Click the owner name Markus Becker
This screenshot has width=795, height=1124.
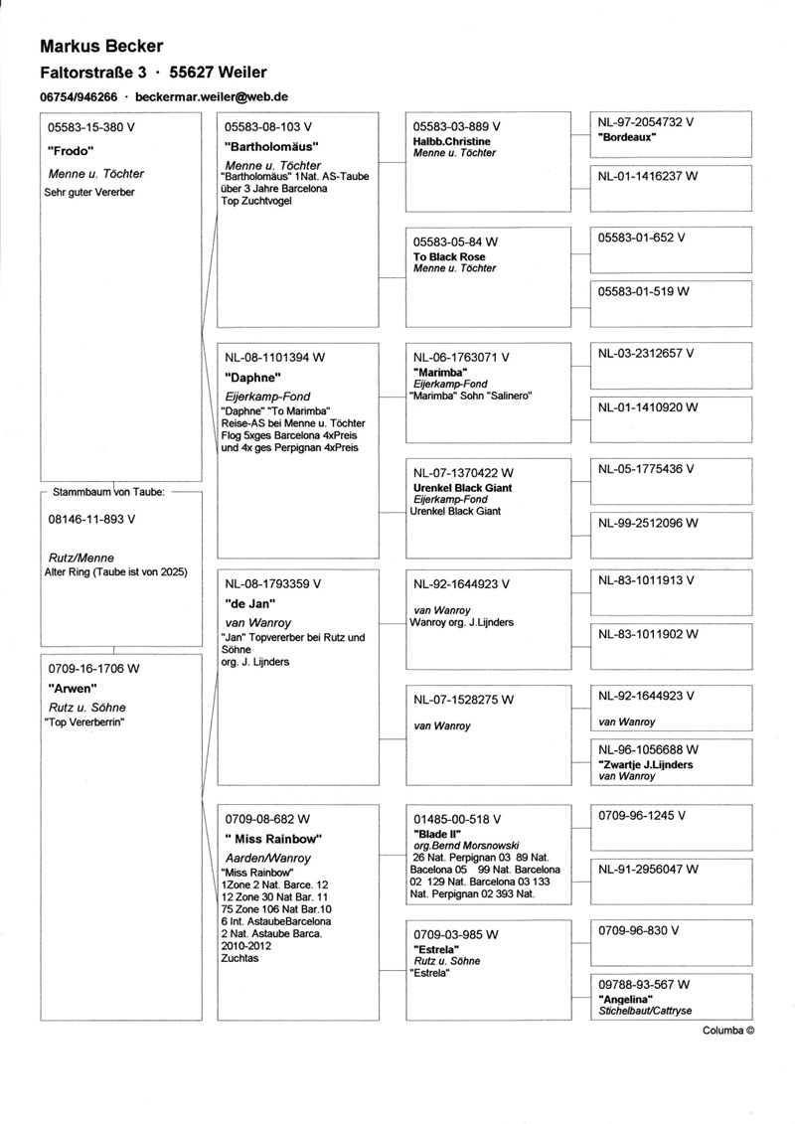tap(101, 46)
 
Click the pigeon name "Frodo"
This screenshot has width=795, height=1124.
tap(70, 150)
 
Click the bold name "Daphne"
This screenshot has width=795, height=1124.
tap(248, 378)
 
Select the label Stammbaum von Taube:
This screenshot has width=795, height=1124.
tap(108, 492)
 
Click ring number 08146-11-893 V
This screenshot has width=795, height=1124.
tap(90, 519)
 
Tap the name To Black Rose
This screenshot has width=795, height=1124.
tap(449, 256)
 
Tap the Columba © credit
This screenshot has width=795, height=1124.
tap(728, 1031)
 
